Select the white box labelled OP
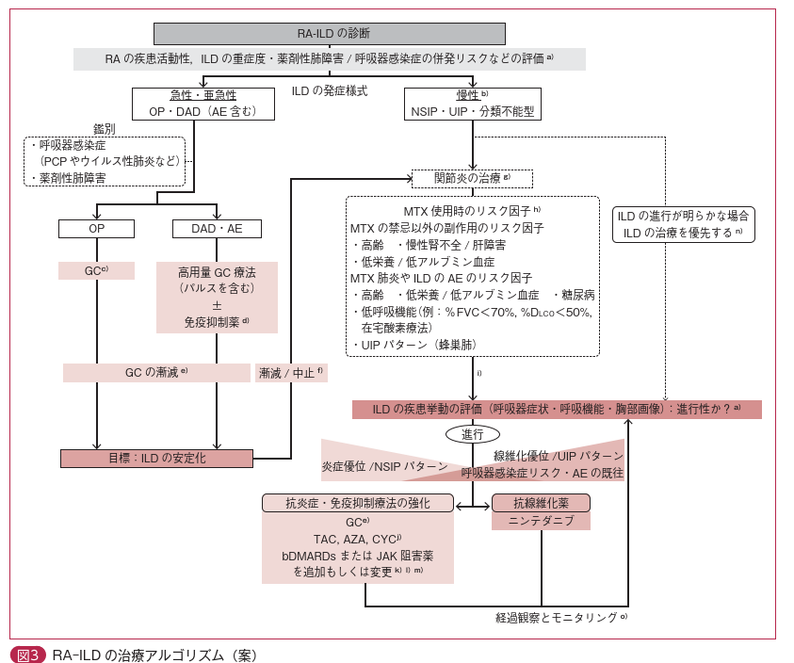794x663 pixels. (96, 229)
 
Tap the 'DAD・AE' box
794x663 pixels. (217, 229)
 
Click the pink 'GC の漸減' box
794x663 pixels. (156, 373)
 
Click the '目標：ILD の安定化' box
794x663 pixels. (156, 459)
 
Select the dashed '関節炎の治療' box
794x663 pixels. (472, 179)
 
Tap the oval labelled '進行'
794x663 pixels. (472, 434)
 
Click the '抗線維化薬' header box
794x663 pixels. (541, 503)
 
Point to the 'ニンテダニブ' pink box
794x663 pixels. (541, 521)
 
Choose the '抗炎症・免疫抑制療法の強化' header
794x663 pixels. (357, 503)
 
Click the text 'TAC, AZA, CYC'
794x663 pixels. (357, 539)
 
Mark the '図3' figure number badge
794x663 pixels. (27, 655)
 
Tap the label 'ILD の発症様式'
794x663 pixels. (329, 91)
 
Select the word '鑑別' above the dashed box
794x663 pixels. (104, 129)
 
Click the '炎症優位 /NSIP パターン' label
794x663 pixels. (384, 466)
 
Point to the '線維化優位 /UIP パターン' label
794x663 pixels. (559, 456)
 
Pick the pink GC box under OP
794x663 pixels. (96, 270)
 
